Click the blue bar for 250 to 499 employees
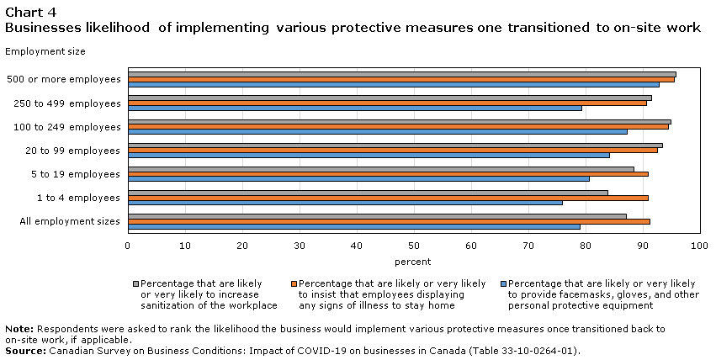click(x=355, y=109)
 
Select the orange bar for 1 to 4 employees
click(x=388, y=198)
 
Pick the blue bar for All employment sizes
click(x=354, y=227)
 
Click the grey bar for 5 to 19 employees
click(x=381, y=169)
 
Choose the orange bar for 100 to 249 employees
click(x=398, y=127)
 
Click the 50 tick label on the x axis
click(x=414, y=246)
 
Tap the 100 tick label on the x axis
click(x=699, y=246)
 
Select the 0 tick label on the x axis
click(x=128, y=246)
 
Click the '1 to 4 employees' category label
click(x=78, y=198)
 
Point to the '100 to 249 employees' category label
click(x=67, y=127)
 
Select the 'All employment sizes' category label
click(x=69, y=222)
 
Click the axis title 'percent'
click(x=413, y=262)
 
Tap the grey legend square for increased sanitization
click(x=135, y=283)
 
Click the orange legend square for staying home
click(x=294, y=283)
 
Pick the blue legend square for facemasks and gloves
click(x=504, y=283)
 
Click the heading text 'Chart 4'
click(x=30, y=13)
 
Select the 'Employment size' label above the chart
click(x=45, y=51)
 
